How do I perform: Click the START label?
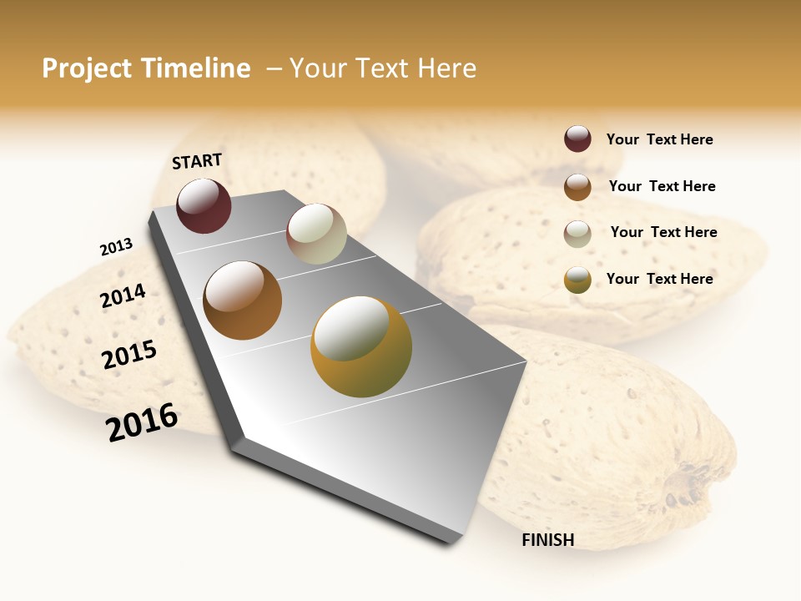pyautogui.click(x=197, y=161)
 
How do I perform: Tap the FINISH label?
pyautogui.click(x=547, y=540)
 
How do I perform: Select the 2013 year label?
pyautogui.click(x=116, y=247)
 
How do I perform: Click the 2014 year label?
pyautogui.click(x=123, y=296)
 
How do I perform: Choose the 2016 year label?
pyautogui.click(x=142, y=422)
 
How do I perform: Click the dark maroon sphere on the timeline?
pyautogui.click(x=204, y=206)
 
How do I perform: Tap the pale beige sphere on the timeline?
pyautogui.click(x=316, y=234)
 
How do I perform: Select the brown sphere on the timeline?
pyautogui.click(x=243, y=300)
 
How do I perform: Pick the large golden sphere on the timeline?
pyautogui.click(x=361, y=346)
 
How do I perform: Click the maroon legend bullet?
pyautogui.click(x=577, y=139)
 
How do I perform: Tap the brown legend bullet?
pyautogui.click(x=577, y=187)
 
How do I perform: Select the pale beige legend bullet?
pyautogui.click(x=577, y=234)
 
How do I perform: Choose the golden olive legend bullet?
pyautogui.click(x=577, y=280)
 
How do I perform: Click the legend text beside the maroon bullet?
pyautogui.click(x=659, y=140)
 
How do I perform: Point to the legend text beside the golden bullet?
pyautogui.click(x=659, y=279)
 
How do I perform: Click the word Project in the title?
pyautogui.click(x=88, y=68)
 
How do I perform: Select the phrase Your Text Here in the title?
pyautogui.click(x=383, y=68)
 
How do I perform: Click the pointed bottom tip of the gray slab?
pyautogui.click(x=452, y=541)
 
